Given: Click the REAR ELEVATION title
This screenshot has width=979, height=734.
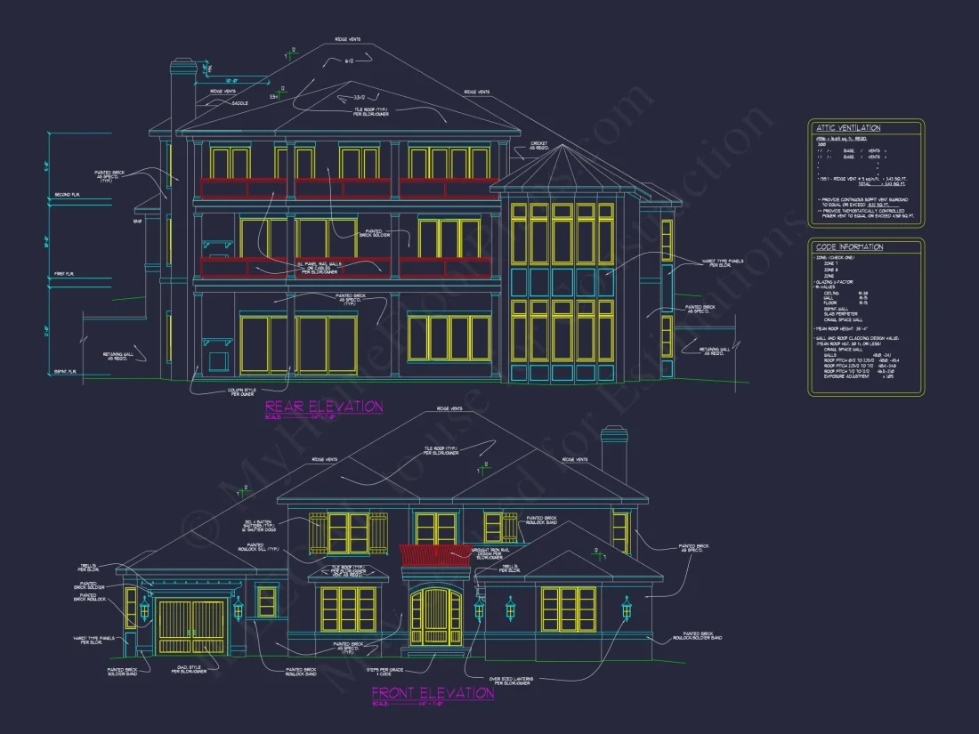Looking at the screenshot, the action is pos(324,407).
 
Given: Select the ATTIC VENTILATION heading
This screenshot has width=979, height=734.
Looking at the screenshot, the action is pos(849,128).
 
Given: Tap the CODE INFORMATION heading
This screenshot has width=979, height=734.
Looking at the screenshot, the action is pos(850,246).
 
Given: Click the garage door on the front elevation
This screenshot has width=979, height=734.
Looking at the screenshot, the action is pos(191,629).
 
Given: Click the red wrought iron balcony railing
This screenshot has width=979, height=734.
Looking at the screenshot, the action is pos(433,554).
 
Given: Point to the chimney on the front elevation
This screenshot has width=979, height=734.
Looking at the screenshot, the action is pos(614,454).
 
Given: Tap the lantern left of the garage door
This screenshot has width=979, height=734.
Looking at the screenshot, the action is pos(144,610).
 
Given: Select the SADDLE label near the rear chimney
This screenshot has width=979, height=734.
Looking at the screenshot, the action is pos(240,103).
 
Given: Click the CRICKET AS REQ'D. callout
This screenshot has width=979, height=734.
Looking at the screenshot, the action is pos(538,146).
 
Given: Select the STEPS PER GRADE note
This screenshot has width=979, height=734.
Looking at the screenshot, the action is pos(385,671).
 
